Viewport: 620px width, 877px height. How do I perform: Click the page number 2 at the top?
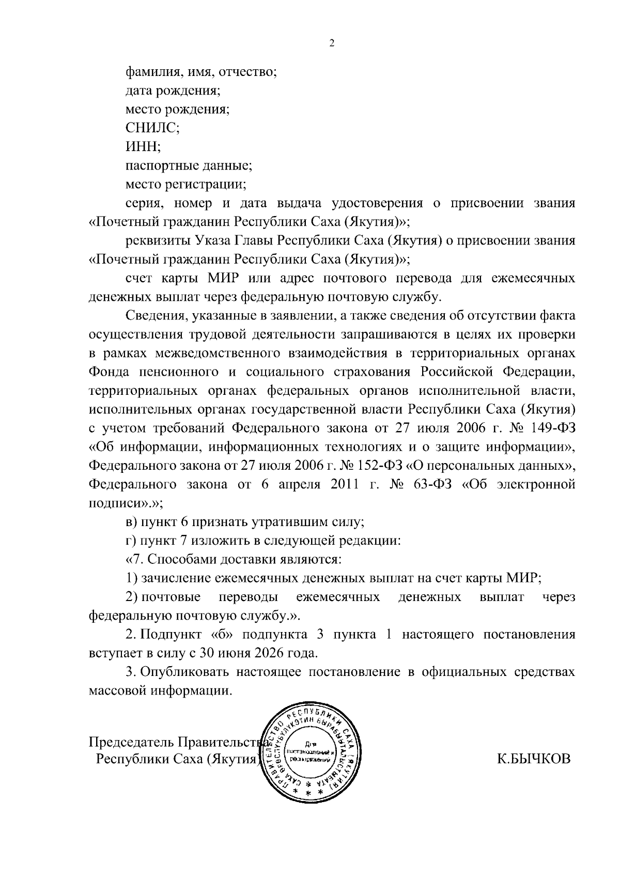click(332, 43)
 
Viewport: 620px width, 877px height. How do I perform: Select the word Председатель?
click(131, 742)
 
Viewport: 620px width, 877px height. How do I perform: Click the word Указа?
click(215, 240)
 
